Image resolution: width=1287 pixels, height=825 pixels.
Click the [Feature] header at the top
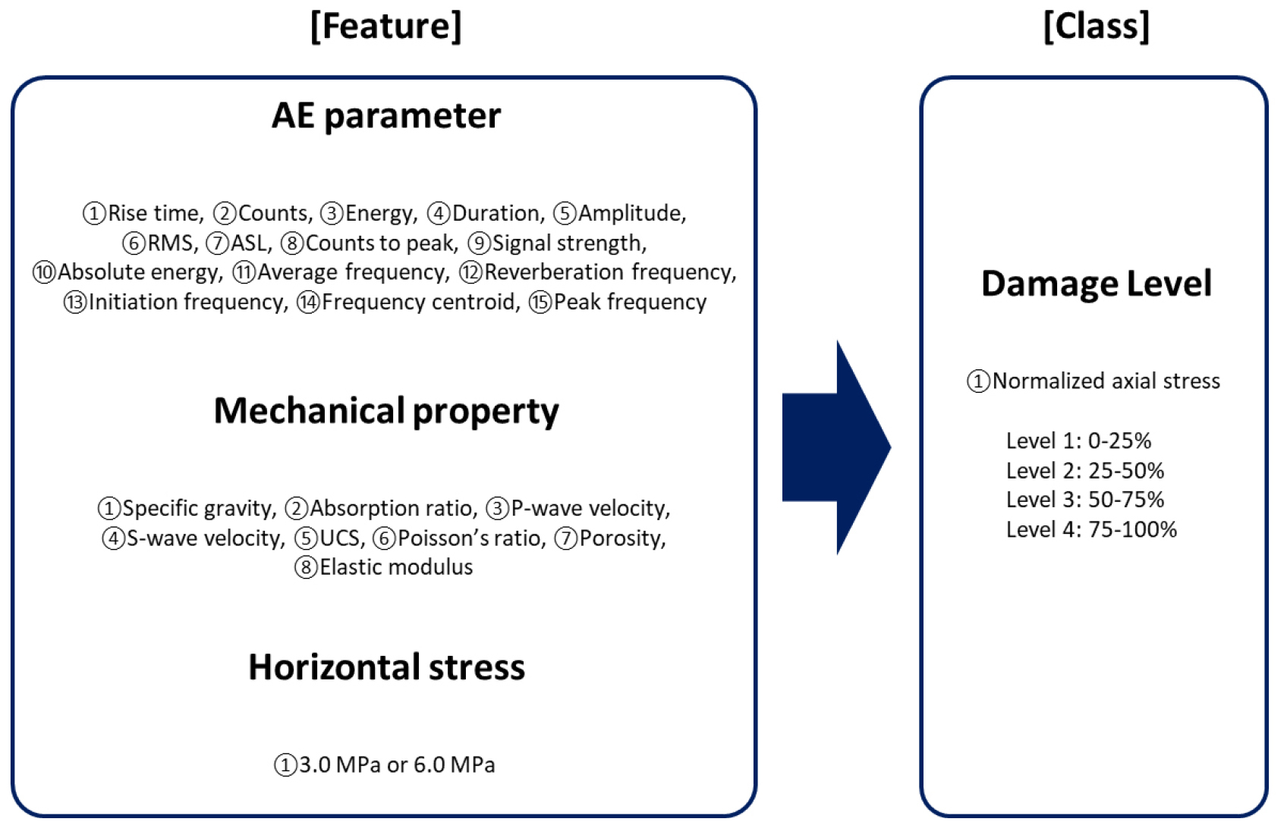pos(385,27)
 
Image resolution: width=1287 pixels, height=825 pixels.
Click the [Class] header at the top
pos(1096,27)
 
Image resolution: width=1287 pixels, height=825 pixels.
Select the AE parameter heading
pos(385,116)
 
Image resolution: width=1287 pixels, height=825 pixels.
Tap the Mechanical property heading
pos(385,411)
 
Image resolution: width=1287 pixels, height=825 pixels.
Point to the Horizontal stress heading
pos(385,667)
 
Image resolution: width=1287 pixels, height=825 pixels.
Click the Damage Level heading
pos(1096,284)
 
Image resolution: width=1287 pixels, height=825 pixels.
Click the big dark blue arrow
pos(836,447)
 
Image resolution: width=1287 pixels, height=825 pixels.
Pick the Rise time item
pos(155,214)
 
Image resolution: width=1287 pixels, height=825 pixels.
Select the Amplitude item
pos(631,214)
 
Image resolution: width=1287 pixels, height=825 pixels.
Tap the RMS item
pos(171,243)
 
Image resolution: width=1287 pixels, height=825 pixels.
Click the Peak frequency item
pos(630,303)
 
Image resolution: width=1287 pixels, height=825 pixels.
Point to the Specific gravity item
pos(198,509)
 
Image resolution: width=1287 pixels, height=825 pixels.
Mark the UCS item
pos(339,538)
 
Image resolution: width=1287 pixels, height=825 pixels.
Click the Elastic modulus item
pos(395,567)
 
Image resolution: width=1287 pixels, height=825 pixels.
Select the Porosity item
pos(621,538)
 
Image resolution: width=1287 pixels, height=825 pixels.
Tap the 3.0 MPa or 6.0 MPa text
pos(396,765)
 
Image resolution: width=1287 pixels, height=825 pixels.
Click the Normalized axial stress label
pos(1106,381)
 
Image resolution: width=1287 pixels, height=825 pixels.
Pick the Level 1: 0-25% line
pos(1078,441)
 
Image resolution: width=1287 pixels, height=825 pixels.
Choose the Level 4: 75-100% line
pos(1091,529)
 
